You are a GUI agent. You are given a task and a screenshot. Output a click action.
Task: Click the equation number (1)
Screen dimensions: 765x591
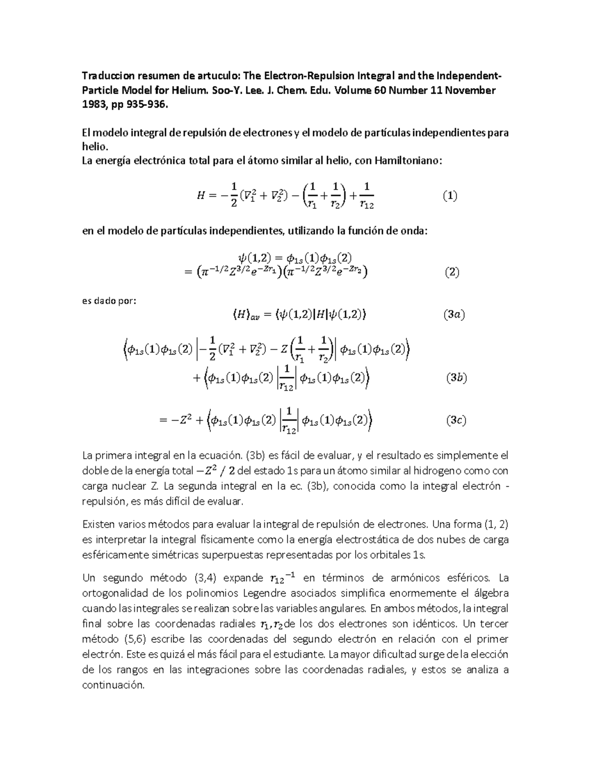tap(449, 196)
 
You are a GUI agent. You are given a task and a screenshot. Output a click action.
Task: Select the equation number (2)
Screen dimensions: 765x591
tap(451, 272)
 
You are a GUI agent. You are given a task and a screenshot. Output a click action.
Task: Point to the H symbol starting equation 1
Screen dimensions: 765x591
tap(200, 196)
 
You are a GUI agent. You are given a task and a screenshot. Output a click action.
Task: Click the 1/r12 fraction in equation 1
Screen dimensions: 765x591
tap(367, 196)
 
